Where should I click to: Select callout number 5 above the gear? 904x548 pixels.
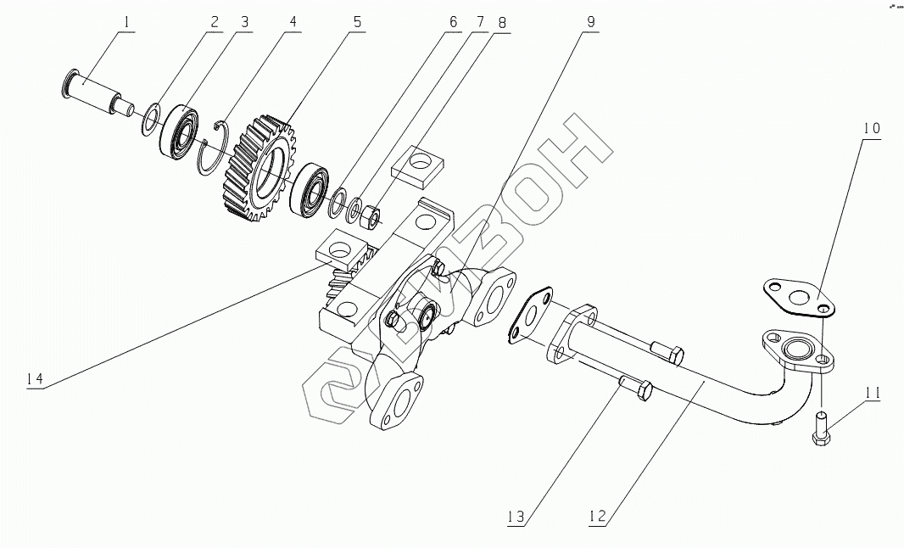click(x=357, y=22)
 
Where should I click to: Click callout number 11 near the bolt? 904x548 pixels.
click(x=873, y=393)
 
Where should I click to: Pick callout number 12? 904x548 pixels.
click(x=598, y=515)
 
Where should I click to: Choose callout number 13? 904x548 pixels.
click(x=518, y=515)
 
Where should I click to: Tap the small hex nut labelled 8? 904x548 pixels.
click(x=370, y=218)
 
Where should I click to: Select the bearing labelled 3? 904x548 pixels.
click(x=180, y=130)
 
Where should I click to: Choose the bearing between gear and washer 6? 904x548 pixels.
click(x=309, y=190)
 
